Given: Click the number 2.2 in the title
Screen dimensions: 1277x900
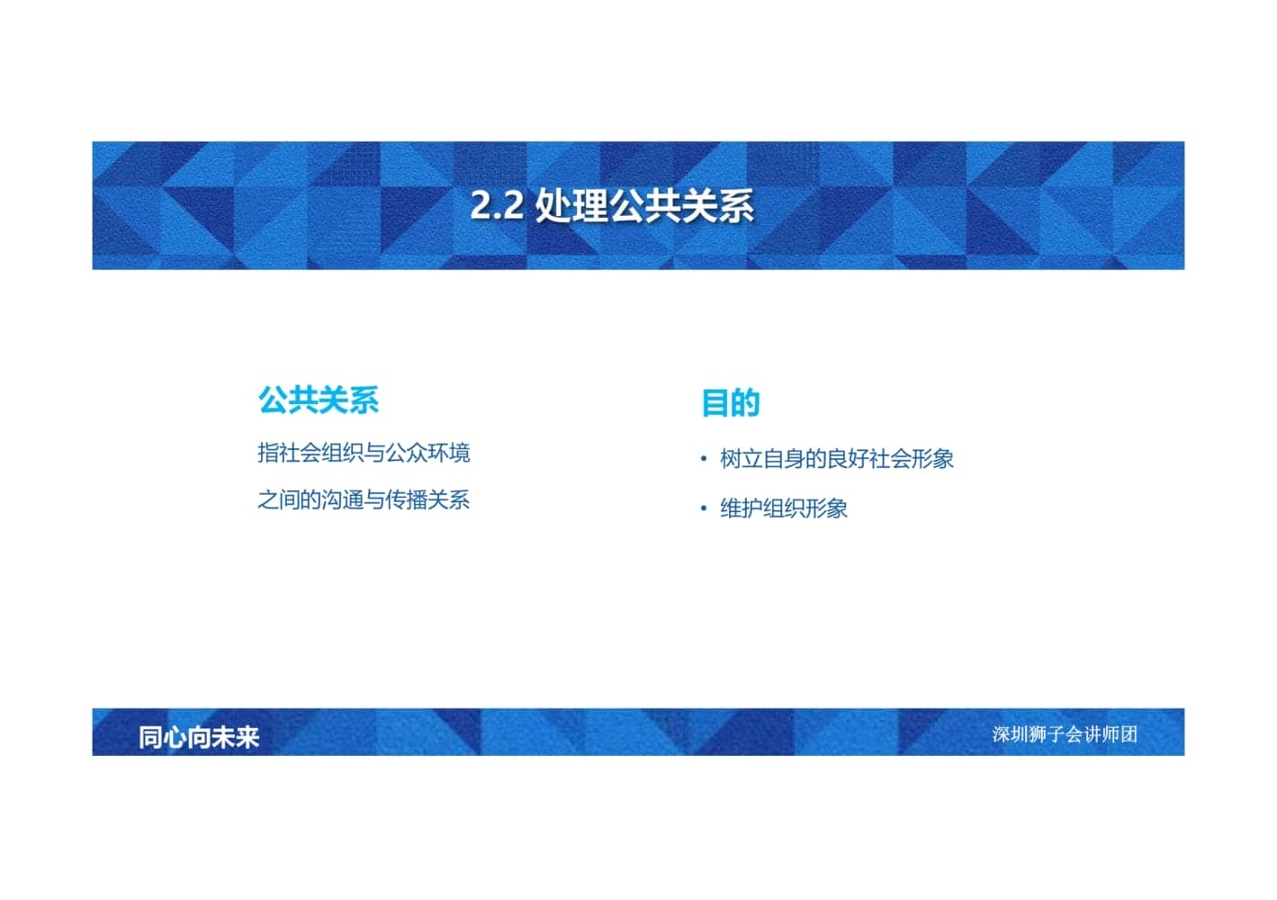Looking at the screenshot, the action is point(497,205).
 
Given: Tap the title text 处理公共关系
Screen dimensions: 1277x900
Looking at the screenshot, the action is point(644,205).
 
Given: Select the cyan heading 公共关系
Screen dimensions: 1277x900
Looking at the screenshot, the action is point(318,400).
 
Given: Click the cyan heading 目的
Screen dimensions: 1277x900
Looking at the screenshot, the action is point(730,403).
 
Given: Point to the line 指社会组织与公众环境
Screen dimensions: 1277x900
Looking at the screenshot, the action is point(364,453).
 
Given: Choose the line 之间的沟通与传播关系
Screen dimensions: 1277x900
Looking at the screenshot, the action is point(364,499).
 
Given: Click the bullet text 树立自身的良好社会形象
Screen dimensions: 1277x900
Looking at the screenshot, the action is point(837,459).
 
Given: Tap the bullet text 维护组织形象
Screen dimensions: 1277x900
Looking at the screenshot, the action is point(784,508).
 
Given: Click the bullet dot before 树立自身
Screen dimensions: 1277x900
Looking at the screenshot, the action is point(704,459).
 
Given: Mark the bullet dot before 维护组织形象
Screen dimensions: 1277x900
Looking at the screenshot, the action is point(704,508).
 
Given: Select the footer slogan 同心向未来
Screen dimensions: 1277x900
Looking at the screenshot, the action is point(199,737).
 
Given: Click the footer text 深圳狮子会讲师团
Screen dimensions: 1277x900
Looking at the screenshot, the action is point(1065,734).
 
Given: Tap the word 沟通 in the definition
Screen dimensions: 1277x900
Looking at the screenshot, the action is point(343,499).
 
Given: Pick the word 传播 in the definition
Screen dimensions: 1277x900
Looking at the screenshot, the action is point(407,499).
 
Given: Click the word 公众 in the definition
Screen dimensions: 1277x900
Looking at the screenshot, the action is point(407,453).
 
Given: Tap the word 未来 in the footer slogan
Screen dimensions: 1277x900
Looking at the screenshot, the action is point(236,737).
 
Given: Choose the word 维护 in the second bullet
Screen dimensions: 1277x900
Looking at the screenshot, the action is point(742,508).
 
